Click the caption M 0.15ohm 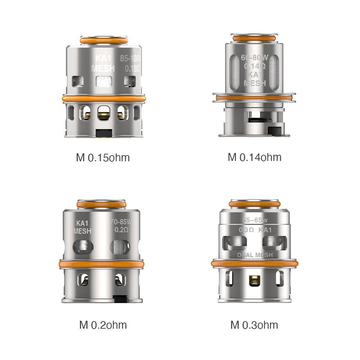[x=103, y=158]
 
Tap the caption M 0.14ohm [x=255, y=157]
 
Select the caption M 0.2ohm [x=103, y=325]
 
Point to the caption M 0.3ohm [x=254, y=325]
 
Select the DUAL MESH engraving [x=255, y=255]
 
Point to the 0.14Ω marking [x=255, y=66]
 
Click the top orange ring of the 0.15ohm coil [x=103, y=41]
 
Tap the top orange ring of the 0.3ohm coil [x=255, y=204]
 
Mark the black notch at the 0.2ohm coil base [x=120, y=298]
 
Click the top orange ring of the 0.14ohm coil [x=255, y=38]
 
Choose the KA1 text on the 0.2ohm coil [x=82, y=223]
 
